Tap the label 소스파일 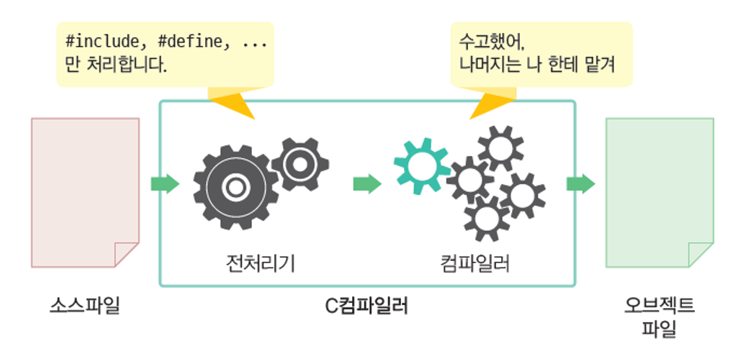85,306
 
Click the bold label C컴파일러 366,306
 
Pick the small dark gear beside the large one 300,164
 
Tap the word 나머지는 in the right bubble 494,66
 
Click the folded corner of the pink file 126,254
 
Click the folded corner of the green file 700,254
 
